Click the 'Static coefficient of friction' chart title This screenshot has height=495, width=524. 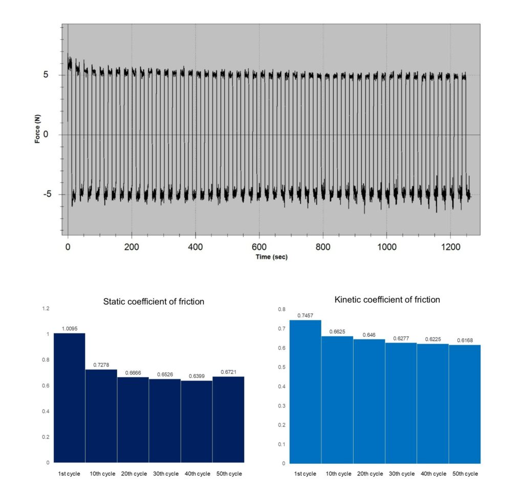pyautogui.click(x=154, y=302)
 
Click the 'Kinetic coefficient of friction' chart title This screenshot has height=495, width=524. pyautogui.click(x=387, y=299)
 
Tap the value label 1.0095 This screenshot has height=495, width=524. pyautogui.click(x=70, y=328)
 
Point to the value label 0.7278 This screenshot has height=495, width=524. pyautogui.click(x=101, y=364)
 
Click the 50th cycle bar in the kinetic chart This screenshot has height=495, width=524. pyautogui.click(x=465, y=404)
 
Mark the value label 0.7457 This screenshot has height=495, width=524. pyautogui.click(x=305, y=315)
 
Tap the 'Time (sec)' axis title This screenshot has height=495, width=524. pyautogui.click(x=271, y=257)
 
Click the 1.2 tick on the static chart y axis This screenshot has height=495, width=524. pyautogui.click(x=46, y=309)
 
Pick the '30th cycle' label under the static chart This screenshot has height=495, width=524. pyautogui.click(x=165, y=474)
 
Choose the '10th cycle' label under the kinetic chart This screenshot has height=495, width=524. pyautogui.click(x=337, y=474)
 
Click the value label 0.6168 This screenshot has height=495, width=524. pyautogui.click(x=465, y=340)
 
